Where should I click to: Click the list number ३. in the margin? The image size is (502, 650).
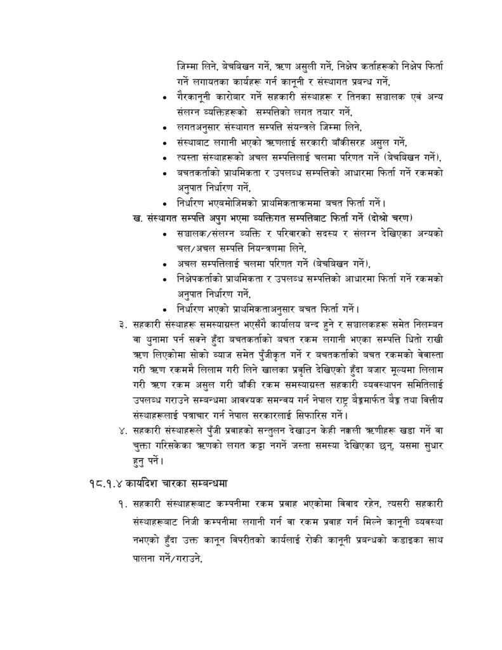click(122, 326)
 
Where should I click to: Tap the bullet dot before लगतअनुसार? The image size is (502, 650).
click(166, 128)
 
